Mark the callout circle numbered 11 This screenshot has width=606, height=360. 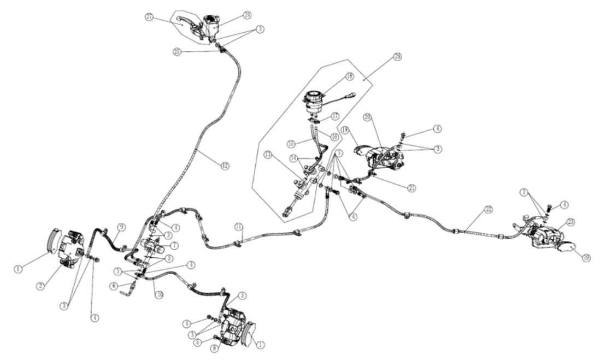click(238, 226)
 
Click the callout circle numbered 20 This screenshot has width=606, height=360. click(383, 117)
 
